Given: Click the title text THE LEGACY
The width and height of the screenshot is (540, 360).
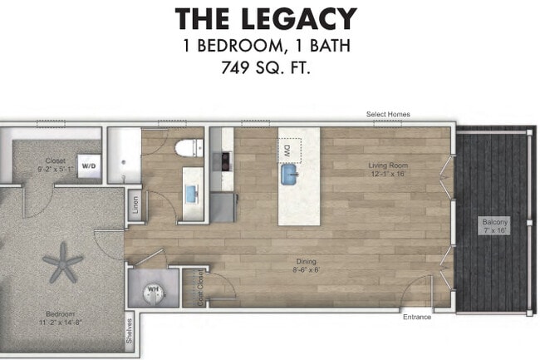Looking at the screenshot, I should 265,18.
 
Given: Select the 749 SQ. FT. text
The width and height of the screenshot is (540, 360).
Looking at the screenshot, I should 265,68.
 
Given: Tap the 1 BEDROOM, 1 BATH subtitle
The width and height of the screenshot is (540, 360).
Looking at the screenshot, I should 265,45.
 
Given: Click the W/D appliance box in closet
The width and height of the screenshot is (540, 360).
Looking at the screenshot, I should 89,164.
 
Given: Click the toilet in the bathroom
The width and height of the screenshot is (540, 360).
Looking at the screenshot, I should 188,149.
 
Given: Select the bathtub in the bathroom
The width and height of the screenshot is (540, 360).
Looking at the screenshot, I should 125,157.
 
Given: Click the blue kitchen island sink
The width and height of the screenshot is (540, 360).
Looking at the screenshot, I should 290,175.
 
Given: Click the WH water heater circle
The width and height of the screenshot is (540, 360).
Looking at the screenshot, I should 153,290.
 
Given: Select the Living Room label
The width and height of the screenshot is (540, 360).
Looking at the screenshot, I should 388,170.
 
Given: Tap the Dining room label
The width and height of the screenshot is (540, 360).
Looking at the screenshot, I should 307,265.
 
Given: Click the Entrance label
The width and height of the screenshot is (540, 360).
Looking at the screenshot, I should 417,317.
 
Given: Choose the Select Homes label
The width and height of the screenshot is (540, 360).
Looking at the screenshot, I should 388,115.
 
